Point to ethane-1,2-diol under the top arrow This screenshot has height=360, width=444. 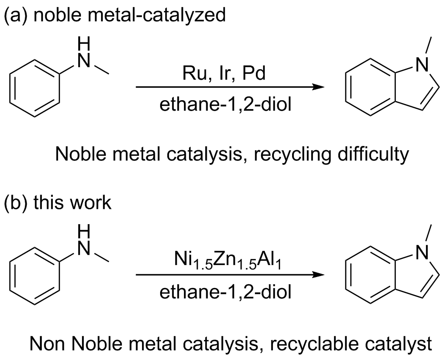coord(225,105)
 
